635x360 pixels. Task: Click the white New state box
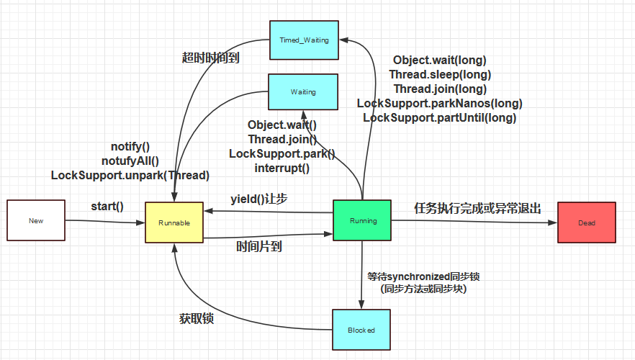(x=35, y=220)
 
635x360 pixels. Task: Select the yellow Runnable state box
(x=174, y=222)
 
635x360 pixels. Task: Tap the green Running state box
(x=361, y=221)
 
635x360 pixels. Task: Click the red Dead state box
(x=587, y=222)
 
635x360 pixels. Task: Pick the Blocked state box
(x=361, y=330)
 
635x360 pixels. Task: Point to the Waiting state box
(x=303, y=92)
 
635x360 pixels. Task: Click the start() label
(x=107, y=207)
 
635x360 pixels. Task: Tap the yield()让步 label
(x=259, y=199)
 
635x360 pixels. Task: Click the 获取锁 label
(x=197, y=318)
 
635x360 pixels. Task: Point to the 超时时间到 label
(x=210, y=58)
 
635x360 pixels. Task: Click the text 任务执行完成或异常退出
(x=477, y=208)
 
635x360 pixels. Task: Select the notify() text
(x=130, y=147)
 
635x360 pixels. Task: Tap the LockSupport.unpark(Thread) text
(x=130, y=175)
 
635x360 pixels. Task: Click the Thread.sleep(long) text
(x=440, y=74)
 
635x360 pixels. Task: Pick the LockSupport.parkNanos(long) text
(x=440, y=103)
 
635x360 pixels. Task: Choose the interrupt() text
(x=282, y=168)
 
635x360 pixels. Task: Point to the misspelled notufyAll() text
(x=130, y=161)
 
